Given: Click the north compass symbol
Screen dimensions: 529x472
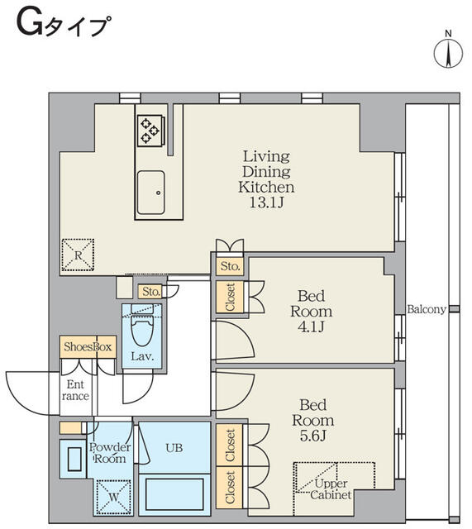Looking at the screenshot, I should point(447,52).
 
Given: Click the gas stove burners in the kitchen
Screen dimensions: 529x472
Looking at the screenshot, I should point(150,128).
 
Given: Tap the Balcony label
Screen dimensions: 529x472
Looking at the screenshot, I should point(427,310).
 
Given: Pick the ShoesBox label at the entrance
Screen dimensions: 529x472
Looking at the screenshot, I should point(87,347).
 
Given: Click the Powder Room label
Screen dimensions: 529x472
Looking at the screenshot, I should point(108,452).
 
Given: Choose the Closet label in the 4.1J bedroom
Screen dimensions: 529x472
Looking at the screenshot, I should point(229,298).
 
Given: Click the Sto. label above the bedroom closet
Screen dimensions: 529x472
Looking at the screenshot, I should point(229,267).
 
